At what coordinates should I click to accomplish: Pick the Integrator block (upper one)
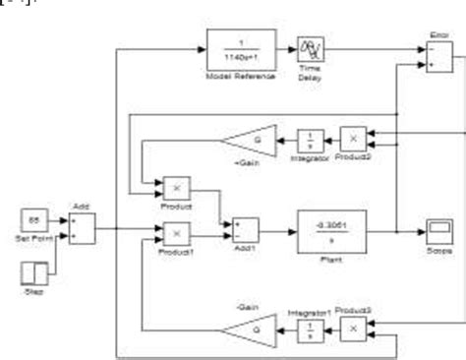click(311, 141)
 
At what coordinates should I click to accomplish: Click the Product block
click(175, 187)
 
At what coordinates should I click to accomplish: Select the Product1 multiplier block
click(175, 233)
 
